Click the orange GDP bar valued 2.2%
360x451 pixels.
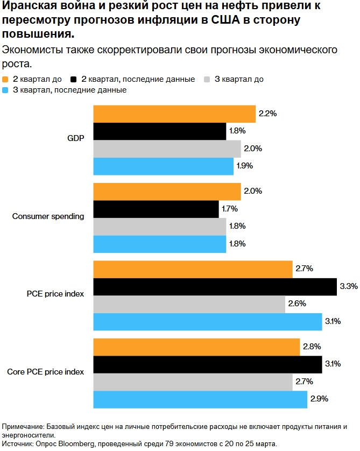pos(174,114)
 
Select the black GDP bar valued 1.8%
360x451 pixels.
pos(160,131)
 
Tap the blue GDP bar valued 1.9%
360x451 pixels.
pos(164,166)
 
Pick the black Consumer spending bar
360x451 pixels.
pos(156,209)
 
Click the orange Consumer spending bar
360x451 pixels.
pos(167,192)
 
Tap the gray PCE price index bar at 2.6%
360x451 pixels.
pos(189,304)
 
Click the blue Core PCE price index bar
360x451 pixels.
pos(200,399)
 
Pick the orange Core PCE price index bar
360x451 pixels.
pos(196,347)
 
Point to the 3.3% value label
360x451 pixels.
pos(349,287)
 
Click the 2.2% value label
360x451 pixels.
pos(267,114)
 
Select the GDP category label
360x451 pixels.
pos(76,139)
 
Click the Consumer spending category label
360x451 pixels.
pos(48,217)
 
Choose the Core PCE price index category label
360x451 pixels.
pos(45,372)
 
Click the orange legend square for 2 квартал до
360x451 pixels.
pos(6,80)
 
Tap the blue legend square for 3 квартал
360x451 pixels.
pos(6,90)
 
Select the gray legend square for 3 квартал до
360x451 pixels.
pos(207,80)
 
